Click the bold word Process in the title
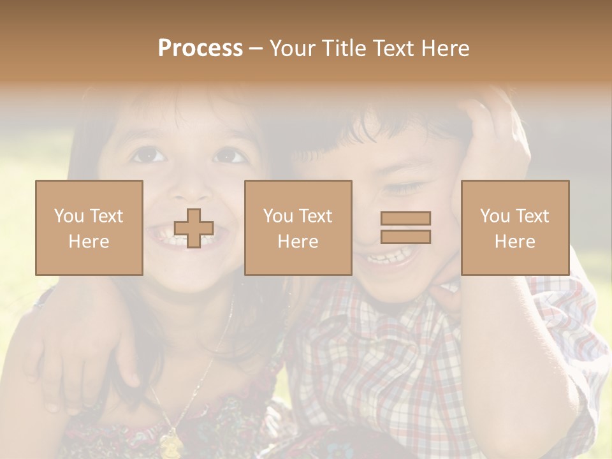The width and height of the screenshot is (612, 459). (200, 48)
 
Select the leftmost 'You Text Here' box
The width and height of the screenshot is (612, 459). (89, 228)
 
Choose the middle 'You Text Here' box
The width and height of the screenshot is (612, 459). (298, 228)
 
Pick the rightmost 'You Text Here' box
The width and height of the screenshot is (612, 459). (514, 228)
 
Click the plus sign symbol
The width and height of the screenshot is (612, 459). (194, 228)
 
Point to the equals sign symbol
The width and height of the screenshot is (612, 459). (405, 228)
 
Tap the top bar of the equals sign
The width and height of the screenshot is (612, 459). (405, 219)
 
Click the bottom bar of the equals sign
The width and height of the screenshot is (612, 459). (405, 237)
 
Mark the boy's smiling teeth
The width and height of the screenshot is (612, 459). (388, 258)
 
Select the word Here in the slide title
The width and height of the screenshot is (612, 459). (444, 48)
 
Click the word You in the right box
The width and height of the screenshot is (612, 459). (494, 216)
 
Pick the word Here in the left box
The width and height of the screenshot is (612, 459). (89, 242)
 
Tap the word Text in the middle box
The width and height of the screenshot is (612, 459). (316, 216)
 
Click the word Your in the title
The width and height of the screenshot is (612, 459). (292, 48)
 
